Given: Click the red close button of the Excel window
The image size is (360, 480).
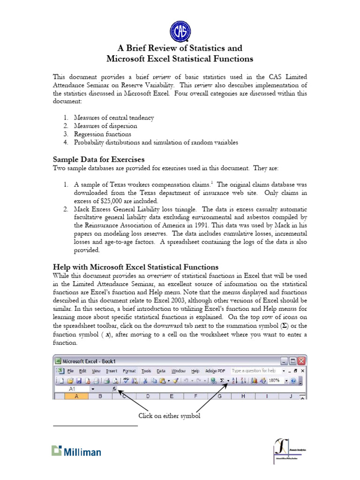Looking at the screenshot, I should [x=301, y=361].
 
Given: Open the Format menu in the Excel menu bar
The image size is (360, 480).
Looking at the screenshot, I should [x=129, y=370].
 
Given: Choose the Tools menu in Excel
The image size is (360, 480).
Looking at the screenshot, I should [x=146, y=370].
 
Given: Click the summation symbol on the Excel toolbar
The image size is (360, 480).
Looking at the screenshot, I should [x=221, y=381].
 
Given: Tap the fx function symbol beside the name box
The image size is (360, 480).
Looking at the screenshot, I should [x=114, y=389].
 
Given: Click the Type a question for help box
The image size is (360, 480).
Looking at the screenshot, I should [x=255, y=370].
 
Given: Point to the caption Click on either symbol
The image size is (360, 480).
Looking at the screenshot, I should [x=169, y=416].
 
